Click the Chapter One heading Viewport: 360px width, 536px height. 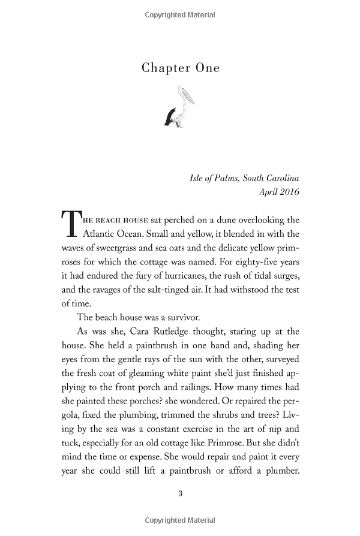click(180, 68)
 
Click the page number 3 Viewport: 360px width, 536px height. click(180, 494)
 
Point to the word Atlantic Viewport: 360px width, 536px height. click(101, 234)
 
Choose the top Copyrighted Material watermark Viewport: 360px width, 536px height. click(180, 14)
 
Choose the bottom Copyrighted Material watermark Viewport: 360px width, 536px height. click(180, 522)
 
